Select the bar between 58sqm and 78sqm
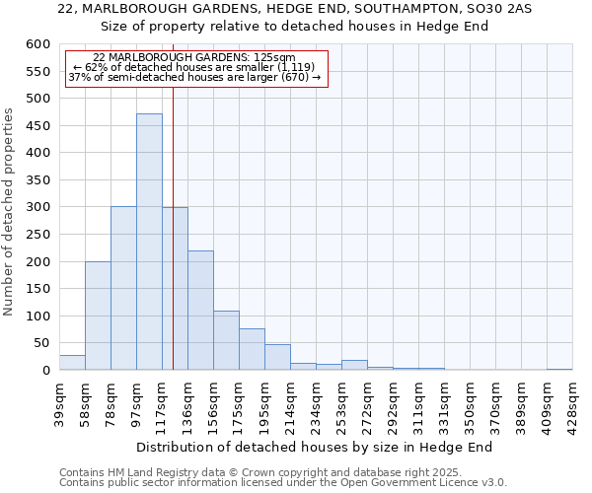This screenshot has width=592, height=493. tap(98, 316)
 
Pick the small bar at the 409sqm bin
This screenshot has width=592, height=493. tap(559, 369)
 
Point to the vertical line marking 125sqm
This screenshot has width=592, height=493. tap(173, 197)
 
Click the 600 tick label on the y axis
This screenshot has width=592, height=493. tap(37, 44)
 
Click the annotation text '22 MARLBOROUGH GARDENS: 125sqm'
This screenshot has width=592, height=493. tap(193, 58)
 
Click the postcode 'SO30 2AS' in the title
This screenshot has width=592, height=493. tap(503, 9)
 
